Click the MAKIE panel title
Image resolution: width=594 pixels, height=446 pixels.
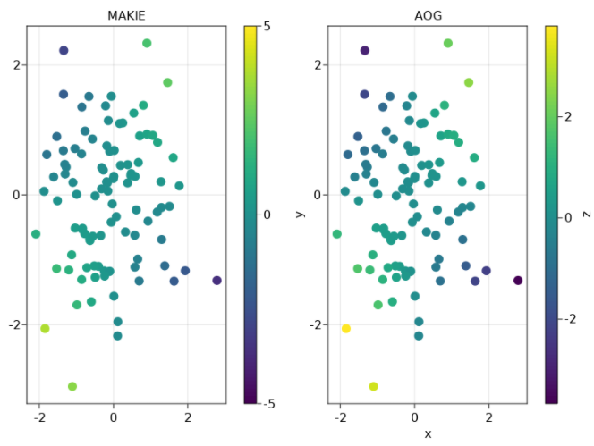125,15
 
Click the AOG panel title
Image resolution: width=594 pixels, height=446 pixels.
427,15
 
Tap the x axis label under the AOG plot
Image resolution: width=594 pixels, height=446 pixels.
427,433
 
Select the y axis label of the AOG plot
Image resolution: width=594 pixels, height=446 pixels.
301,215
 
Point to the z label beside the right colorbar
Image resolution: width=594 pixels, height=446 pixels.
586,215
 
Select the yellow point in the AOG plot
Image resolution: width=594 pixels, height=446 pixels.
346,329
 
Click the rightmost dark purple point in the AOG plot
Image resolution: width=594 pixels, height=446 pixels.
518,281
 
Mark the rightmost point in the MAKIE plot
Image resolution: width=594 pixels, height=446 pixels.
216,281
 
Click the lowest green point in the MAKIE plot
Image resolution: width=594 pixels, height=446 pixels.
72,386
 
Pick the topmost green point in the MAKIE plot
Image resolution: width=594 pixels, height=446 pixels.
147,43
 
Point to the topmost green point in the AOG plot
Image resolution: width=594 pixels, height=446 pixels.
448,43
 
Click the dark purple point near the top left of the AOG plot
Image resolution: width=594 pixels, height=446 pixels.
365,50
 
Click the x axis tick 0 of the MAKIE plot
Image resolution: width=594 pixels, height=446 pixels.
114,417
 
